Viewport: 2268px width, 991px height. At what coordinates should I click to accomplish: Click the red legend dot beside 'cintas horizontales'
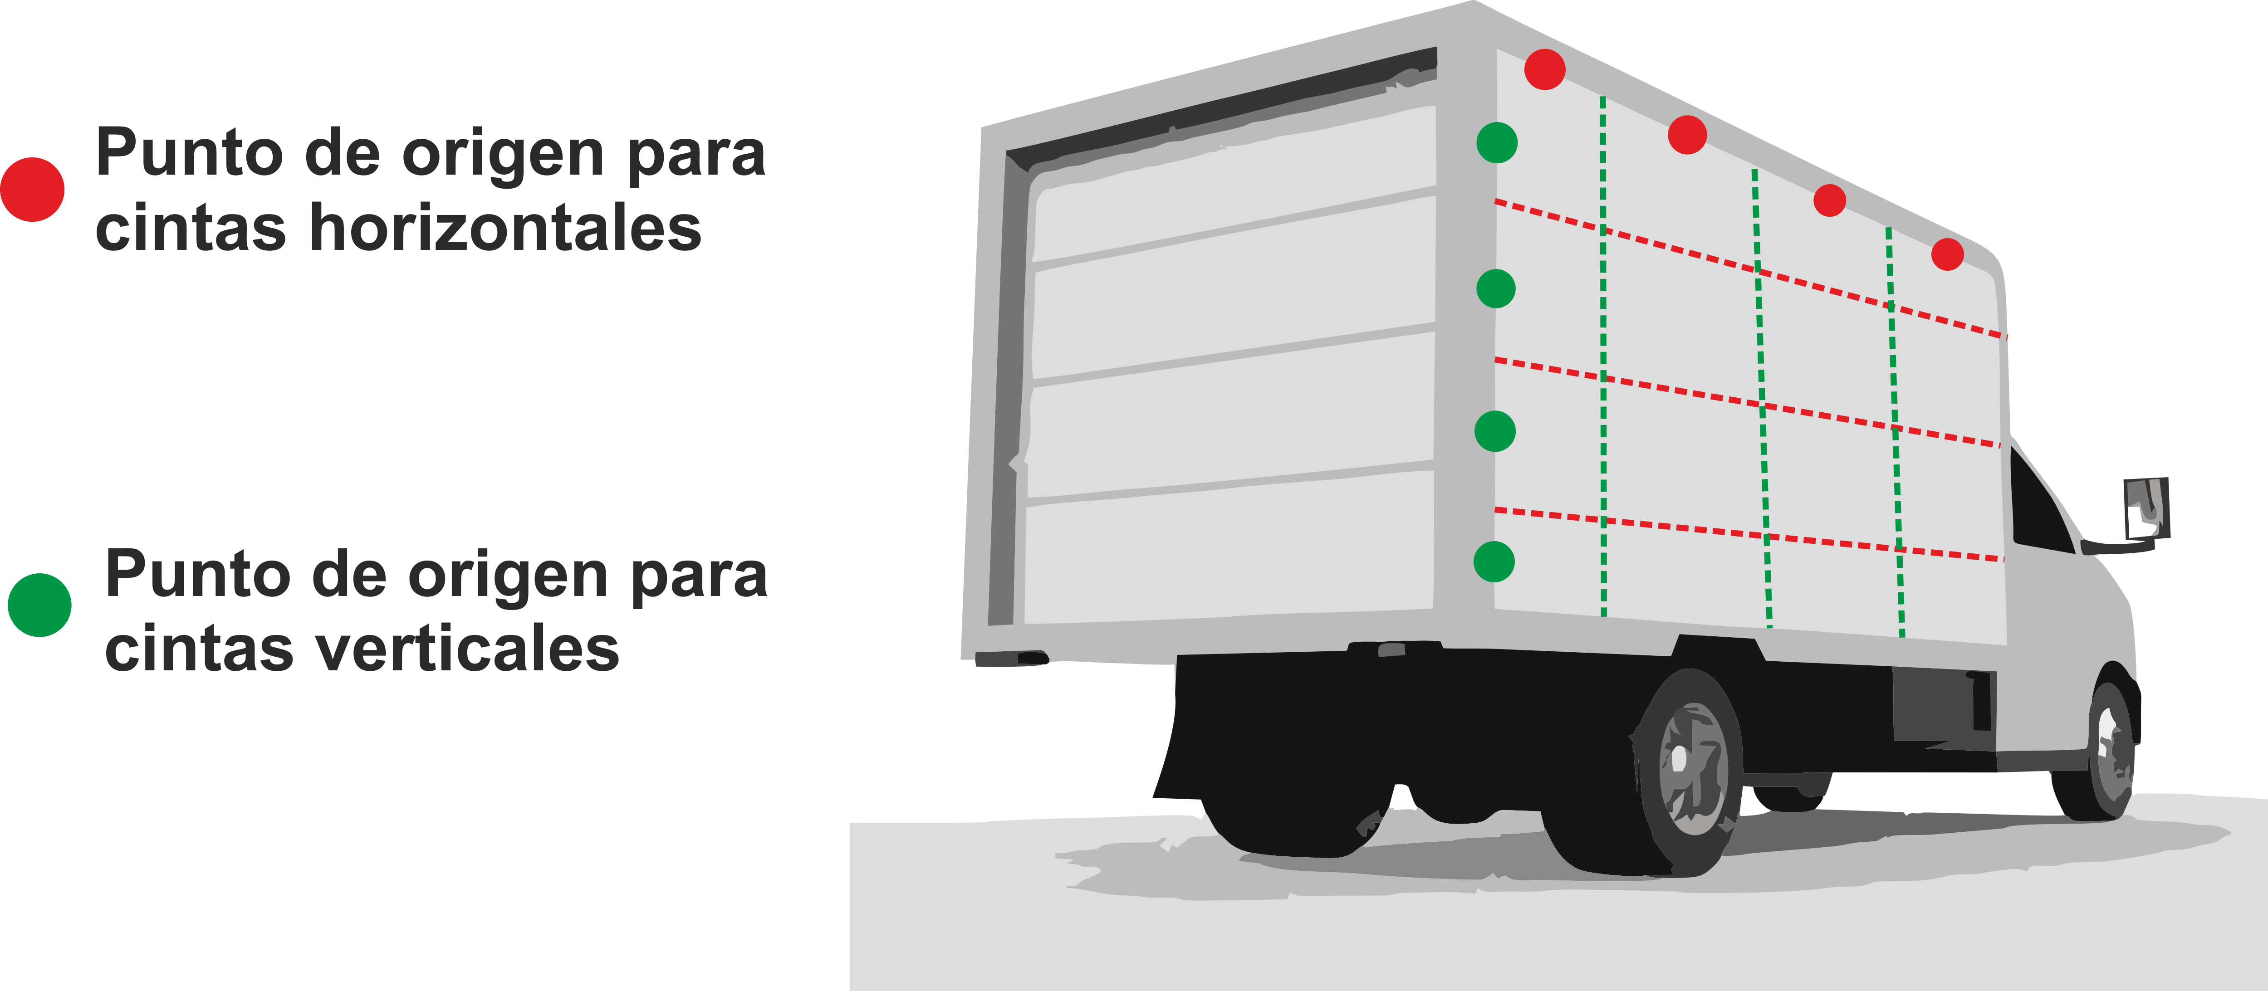coord(33,189)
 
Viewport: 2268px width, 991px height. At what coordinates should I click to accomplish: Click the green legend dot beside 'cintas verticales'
coord(39,605)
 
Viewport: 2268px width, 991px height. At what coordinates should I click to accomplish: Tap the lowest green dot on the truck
coord(1494,561)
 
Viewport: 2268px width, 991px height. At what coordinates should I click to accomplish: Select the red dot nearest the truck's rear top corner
coord(1544,68)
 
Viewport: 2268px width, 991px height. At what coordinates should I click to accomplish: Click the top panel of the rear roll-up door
coord(1233,185)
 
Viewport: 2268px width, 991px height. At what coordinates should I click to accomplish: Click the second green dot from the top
coord(1495,288)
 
